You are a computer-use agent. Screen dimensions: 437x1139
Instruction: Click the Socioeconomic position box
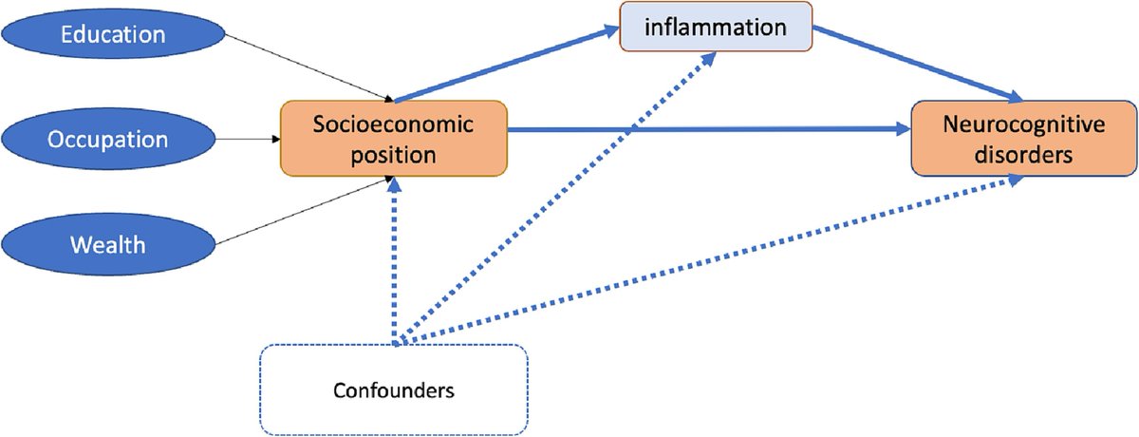pos(394,140)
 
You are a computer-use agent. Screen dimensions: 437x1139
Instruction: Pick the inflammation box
pos(718,28)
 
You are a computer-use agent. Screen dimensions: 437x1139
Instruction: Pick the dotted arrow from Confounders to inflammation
pos(560,190)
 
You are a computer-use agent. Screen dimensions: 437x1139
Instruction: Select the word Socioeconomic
pos(394,126)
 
